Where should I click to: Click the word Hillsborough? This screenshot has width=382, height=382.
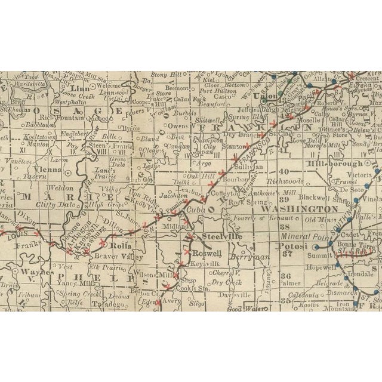click(x=334, y=163)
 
